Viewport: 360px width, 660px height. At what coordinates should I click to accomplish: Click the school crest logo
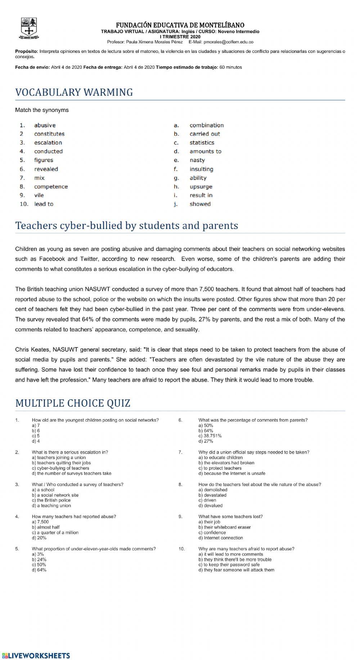(29, 28)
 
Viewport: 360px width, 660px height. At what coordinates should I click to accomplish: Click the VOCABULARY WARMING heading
(74, 93)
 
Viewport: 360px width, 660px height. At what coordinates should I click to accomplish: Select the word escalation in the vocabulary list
(48, 143)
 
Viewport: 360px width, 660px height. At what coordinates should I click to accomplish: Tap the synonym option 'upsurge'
(201, 187)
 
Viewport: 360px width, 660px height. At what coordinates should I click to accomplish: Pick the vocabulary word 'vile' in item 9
(39, 196)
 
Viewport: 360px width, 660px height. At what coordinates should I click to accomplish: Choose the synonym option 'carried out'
(204, 134)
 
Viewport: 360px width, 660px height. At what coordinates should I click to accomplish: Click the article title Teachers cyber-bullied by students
(126, 226)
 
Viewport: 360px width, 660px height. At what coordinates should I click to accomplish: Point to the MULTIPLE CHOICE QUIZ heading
(73, 403)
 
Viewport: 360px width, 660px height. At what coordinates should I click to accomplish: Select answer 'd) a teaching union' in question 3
(51, 506)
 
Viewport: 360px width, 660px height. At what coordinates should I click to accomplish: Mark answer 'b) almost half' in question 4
(46, 527)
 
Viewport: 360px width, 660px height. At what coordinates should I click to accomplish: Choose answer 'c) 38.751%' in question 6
(210, 436)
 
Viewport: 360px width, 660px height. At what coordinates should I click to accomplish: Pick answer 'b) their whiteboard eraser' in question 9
(224, 527)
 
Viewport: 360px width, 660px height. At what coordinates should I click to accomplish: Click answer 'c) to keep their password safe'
(229, 565)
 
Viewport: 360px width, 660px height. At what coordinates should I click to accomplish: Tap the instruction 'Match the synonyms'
(42, 110)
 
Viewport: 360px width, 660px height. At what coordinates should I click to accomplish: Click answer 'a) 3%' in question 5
(38, 554)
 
